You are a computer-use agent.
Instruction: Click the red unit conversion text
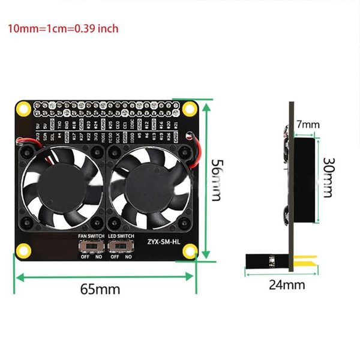tap(62, 28)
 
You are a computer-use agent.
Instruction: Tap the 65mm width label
tap(100, 289)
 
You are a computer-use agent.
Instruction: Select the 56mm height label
tap(218, 179)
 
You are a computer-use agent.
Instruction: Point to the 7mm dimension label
tap(308, 125)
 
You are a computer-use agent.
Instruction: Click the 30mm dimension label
tap(328, 178)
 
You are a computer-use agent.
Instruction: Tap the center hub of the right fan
tap(148, 187)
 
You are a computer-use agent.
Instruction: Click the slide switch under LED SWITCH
tap(121, 247)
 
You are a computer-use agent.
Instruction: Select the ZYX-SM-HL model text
tap(163, 243)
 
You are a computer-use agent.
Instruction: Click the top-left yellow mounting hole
tap(23, 109)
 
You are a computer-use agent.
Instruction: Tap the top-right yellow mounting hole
tap(190, 109)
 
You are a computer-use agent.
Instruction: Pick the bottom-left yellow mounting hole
tap(23, 250)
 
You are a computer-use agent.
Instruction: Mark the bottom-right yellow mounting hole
tap(190, 250)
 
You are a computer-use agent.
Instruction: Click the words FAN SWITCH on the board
tap(91, 236)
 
